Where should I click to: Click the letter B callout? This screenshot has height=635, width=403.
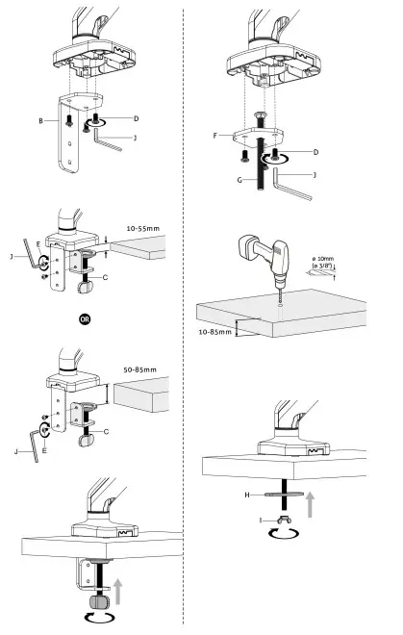(x=39, y=122)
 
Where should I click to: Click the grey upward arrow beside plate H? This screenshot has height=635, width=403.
(x=310, y=504)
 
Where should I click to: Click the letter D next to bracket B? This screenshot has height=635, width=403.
(x=136, y=118)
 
